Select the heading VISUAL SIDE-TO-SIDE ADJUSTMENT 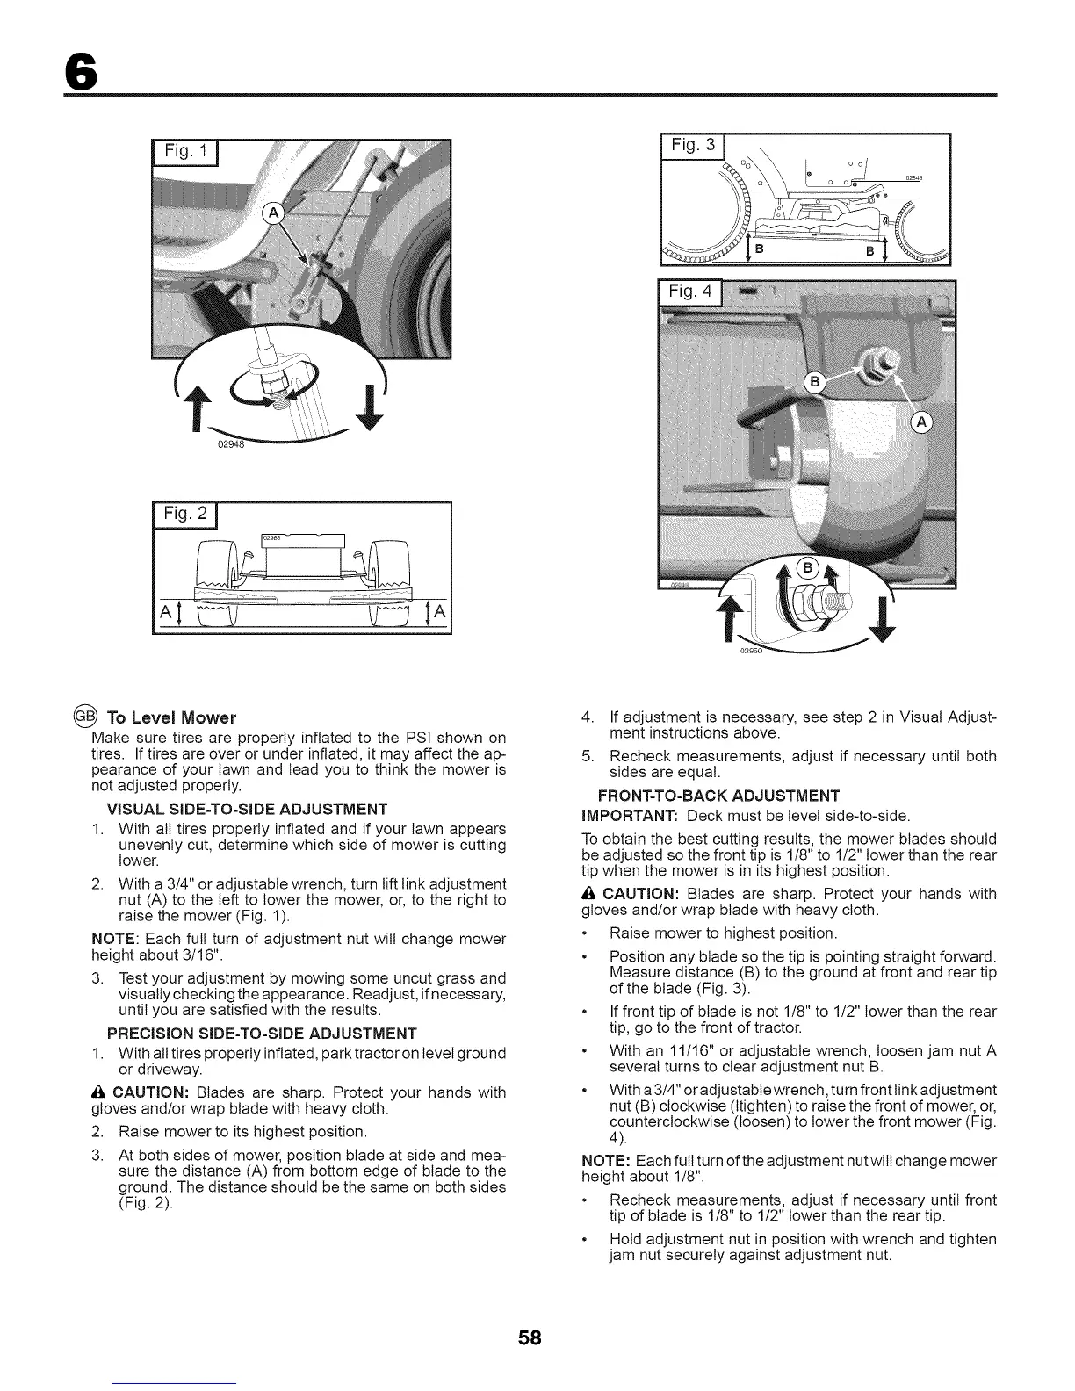pyautogui.click(x=247, y=809)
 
